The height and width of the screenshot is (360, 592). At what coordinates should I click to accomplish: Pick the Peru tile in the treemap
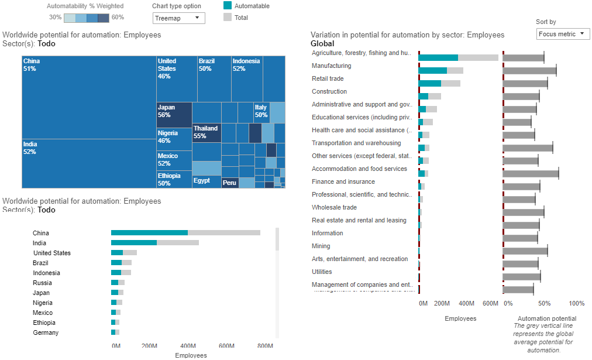coord(230,183)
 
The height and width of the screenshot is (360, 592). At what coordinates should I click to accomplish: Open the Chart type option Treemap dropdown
coord(179,18)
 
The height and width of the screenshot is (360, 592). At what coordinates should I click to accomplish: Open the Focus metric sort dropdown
coord(563,34)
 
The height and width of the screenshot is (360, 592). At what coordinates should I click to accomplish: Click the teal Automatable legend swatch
coord(228,6)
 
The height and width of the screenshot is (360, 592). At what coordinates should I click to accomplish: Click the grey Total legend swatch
coord(228,18)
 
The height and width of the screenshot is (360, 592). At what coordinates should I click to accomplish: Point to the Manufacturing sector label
coord(331,66)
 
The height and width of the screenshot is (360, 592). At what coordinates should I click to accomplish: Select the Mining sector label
coord(321,246)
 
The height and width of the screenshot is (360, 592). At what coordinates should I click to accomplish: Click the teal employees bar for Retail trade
coord(430,83)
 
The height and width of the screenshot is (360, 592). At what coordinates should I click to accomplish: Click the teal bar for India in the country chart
coord(134,242)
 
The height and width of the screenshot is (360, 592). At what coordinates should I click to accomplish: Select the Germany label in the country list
coord(46,332)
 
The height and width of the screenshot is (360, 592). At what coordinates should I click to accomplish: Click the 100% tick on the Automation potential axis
coord(576,303)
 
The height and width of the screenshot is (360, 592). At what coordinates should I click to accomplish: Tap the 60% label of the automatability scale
coord(118,18)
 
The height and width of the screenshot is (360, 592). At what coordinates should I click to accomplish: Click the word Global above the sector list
coord(322,43)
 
